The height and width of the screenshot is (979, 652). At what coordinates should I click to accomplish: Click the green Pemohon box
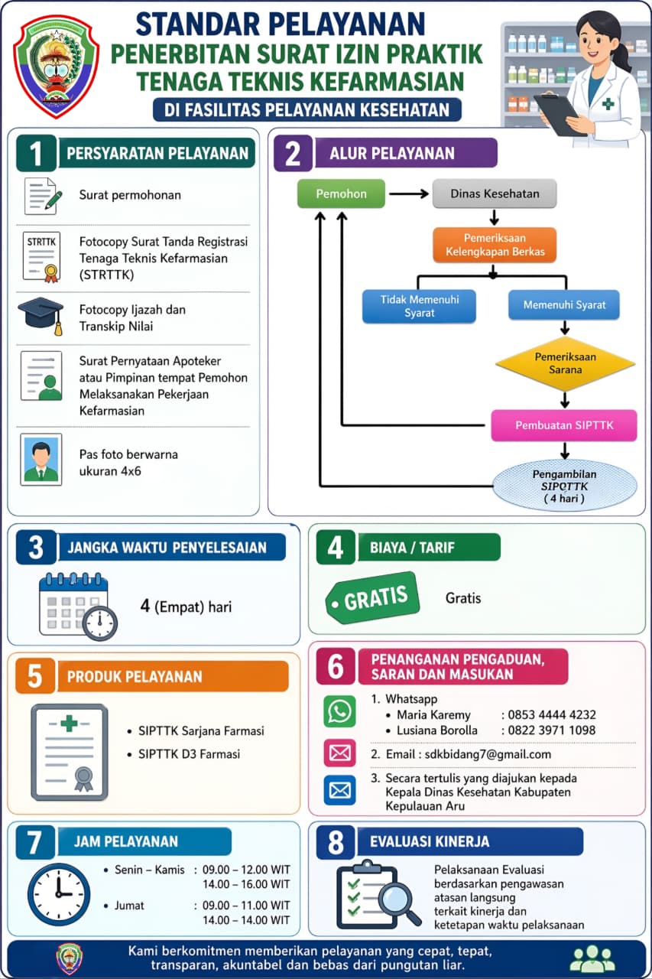pos(341,194)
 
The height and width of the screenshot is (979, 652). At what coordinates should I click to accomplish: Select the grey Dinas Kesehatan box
pos(495,194)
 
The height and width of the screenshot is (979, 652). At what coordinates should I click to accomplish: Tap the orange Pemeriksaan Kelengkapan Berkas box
pos(495,245)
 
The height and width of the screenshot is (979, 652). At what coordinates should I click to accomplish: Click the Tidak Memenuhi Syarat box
pos(419,306)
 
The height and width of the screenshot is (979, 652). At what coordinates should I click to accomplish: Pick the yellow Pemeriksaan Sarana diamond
pos(565,363)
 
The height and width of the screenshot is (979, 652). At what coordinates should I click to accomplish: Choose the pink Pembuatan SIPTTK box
pos(564,425)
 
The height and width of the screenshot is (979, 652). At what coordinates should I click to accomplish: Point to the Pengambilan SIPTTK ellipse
pos(565,486)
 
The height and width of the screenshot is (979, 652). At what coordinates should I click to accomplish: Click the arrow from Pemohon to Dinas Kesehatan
pos(409,194)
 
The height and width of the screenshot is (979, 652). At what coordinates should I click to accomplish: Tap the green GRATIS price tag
pos(372,598)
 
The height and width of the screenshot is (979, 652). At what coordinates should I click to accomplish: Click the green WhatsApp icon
pos(339,711)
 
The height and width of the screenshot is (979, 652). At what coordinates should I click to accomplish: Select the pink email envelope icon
pos(339,753)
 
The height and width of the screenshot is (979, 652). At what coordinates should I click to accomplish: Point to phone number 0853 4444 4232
pos(552,714)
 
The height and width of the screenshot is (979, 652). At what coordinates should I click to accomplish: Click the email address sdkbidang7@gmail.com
pos(488,754)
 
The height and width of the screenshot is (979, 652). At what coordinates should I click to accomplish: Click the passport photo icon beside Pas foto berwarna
pos(41,460)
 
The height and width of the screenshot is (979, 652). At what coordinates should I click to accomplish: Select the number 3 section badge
pos(36,547)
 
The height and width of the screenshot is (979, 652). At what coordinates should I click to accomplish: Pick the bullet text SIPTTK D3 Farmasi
pos(189,754)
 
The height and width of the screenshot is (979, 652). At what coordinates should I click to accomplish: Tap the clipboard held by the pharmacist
pos(559,115)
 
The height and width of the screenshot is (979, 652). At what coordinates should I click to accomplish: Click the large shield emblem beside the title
pos(57,67)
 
